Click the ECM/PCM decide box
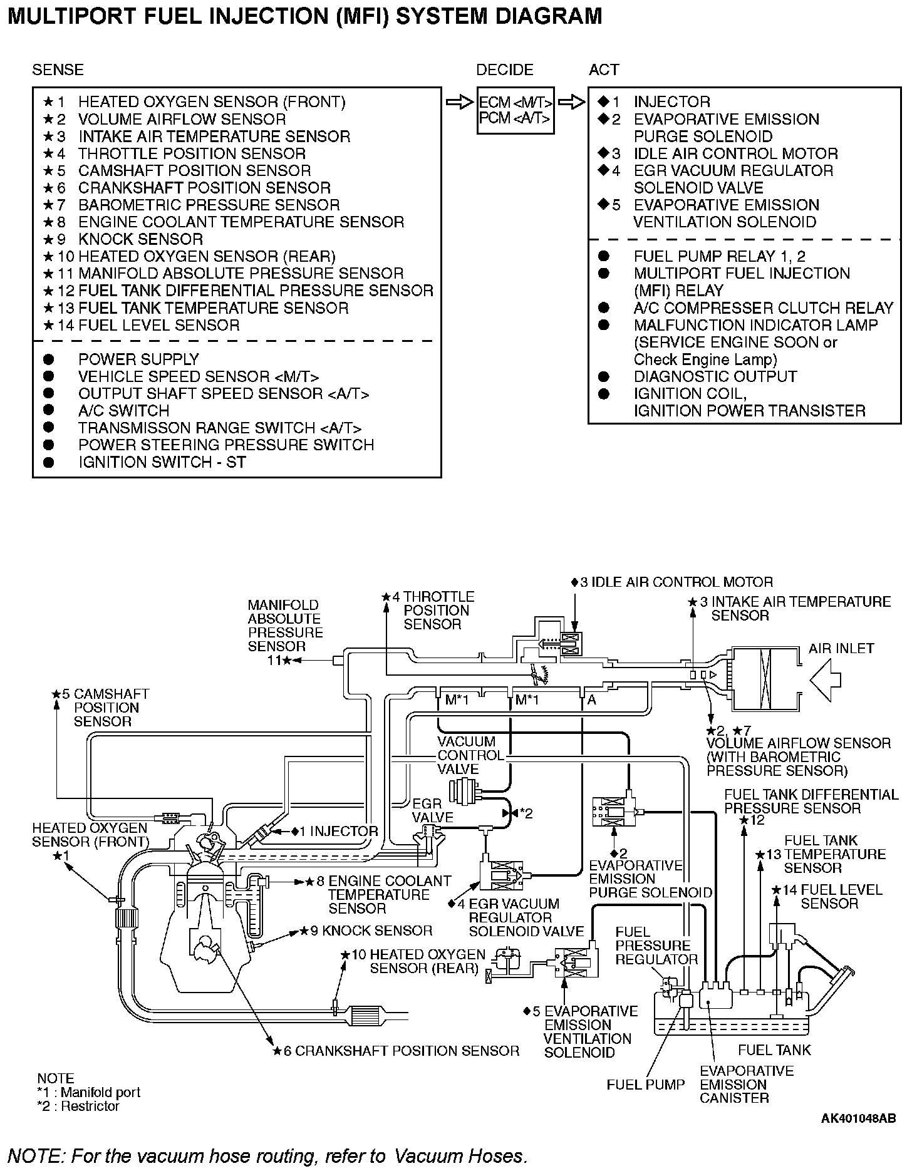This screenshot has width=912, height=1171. coord(515,110)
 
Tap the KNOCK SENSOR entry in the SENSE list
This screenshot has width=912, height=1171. coord(140,239)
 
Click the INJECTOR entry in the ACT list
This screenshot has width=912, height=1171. coord(671,102)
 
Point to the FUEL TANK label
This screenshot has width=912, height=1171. coord(774,1050)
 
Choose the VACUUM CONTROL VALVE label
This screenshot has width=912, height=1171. coord(470,755)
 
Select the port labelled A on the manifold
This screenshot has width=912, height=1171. coord(592,701)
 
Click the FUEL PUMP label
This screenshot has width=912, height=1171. coord(645,1084)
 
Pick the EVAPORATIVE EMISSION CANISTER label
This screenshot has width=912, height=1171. coord(746,1084)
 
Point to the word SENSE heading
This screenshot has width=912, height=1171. coord(58,70)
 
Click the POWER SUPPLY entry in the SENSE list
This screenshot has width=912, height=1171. coord(138,359)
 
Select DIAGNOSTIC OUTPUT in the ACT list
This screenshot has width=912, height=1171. coord(715,377)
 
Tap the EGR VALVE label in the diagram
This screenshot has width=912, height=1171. coord(432,810)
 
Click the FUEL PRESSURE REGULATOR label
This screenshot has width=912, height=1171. coord(656,946)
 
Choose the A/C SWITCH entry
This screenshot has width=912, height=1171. coord(123,411)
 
